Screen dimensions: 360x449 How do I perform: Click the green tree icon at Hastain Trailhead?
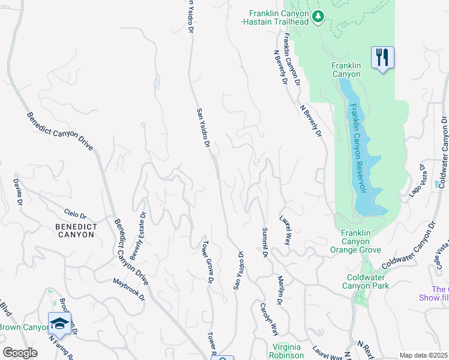pos(319,16)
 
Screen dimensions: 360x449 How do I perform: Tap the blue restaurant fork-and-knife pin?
pos(382,58)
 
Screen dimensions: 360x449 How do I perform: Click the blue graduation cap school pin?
pos(60,324)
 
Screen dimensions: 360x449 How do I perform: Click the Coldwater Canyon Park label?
pos(367,281)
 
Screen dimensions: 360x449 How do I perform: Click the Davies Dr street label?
pos(19,193)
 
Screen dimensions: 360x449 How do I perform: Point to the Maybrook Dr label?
pos(129,289)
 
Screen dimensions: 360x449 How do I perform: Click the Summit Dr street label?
pos(264,242)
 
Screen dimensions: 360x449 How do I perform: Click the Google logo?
pos(20,353)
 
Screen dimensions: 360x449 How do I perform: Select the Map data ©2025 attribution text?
pos(423,355)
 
